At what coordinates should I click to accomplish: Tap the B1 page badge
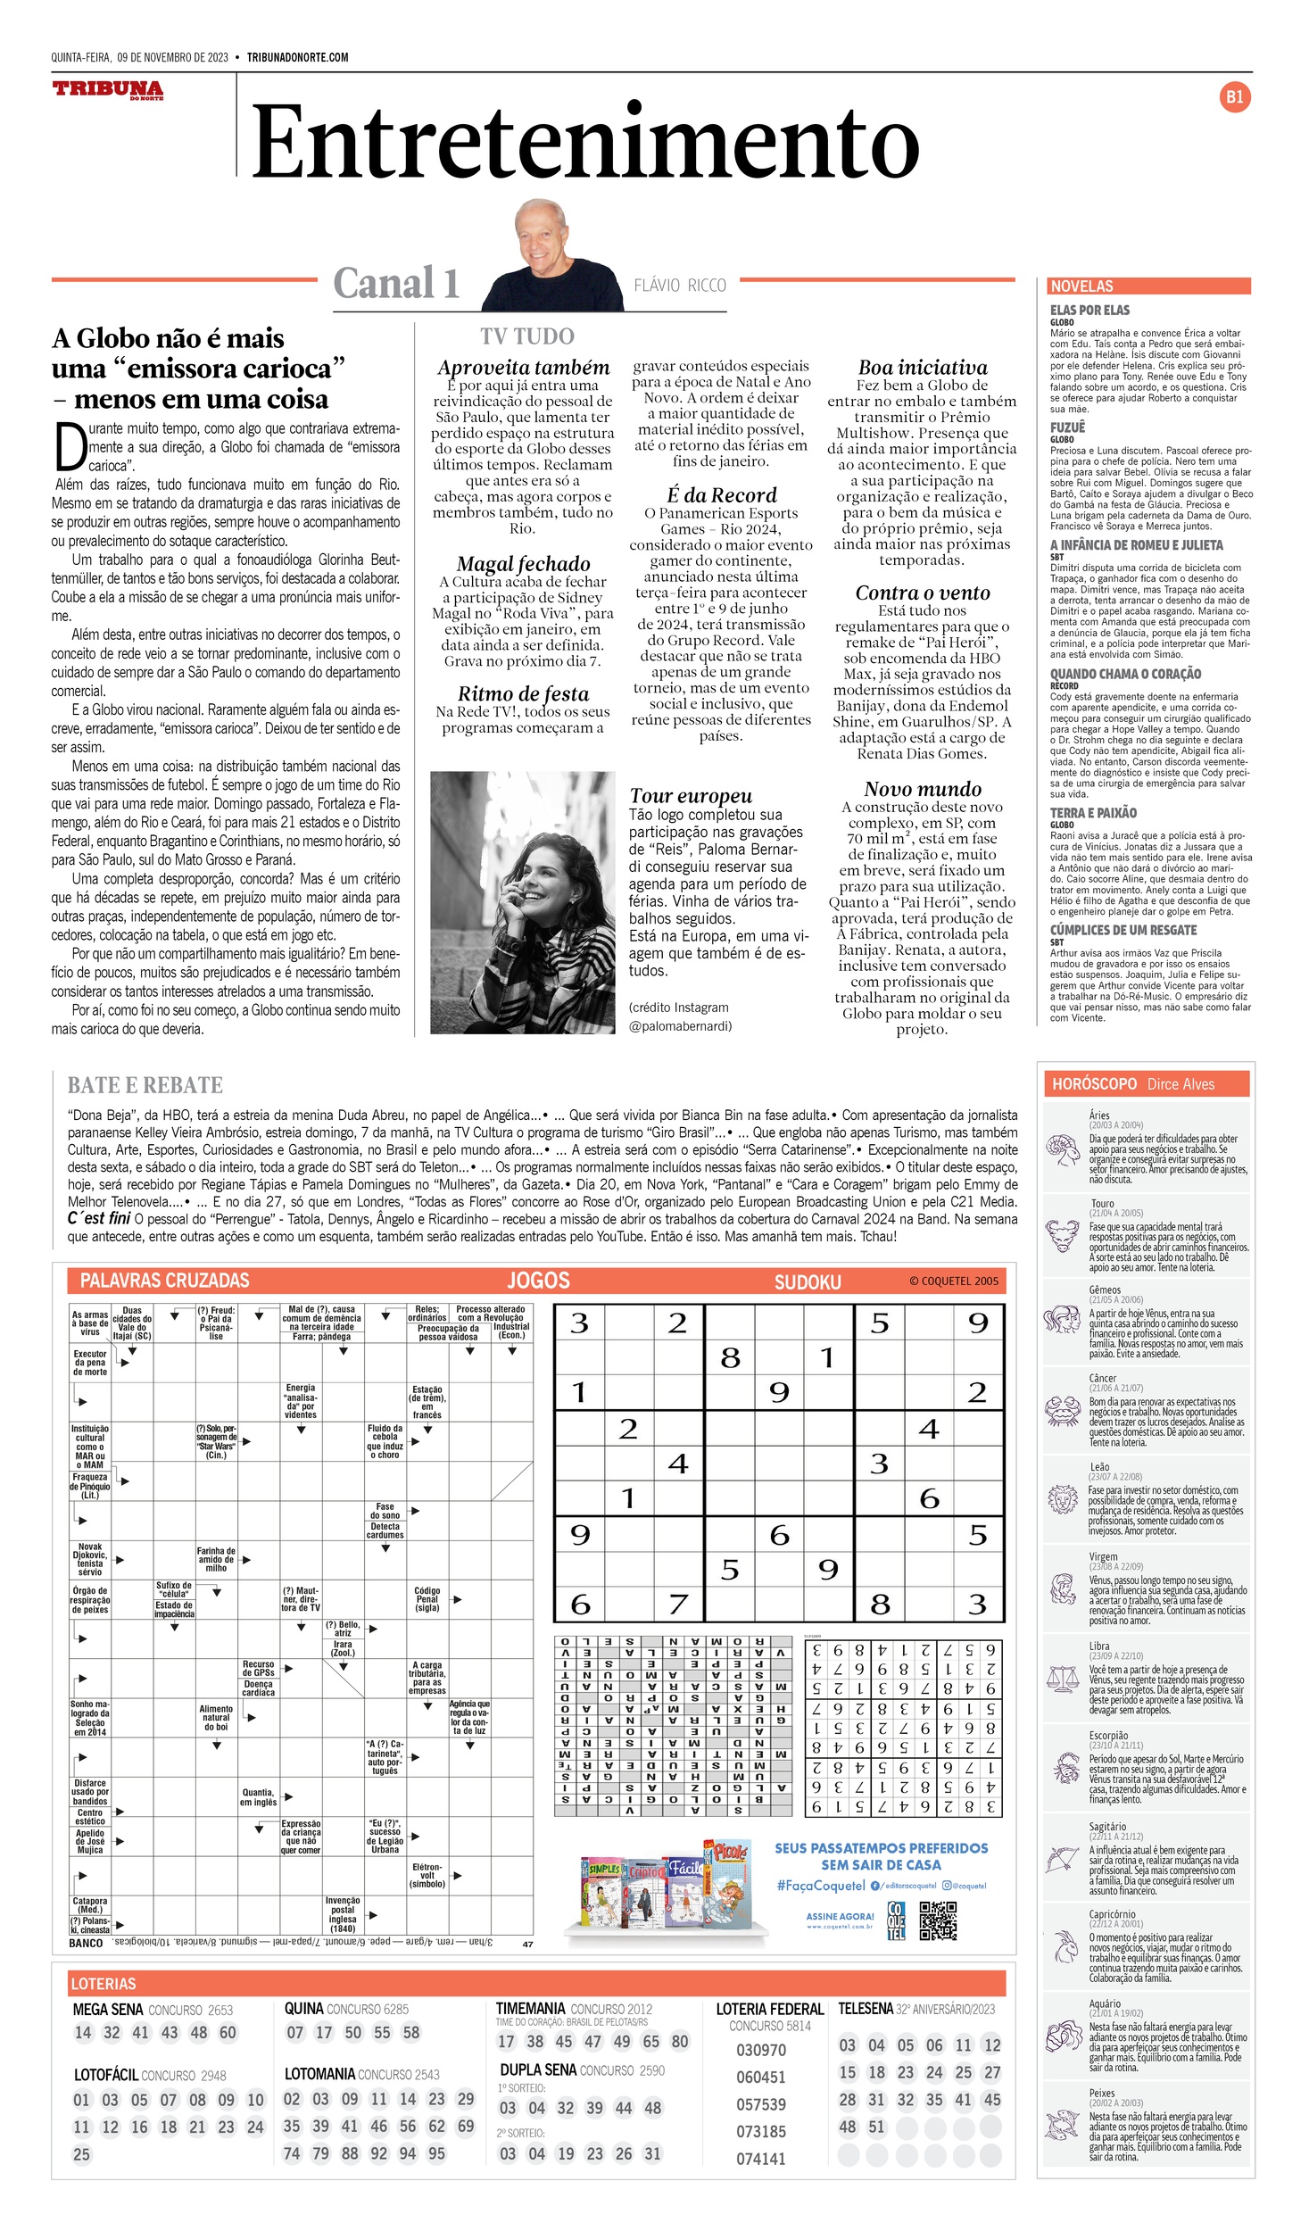(1234, 97)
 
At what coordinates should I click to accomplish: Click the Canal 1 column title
(396, 283)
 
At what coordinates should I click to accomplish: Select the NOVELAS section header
(1081, 286)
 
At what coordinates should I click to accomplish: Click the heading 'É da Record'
(722, 495)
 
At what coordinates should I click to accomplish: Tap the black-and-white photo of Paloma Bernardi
(522, 902)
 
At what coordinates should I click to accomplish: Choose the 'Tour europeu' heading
(691, 795)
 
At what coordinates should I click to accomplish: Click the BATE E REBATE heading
(145, 1085)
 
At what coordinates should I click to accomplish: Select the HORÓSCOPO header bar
(1146, 1084)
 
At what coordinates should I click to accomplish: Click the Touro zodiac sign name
(1102, 1204)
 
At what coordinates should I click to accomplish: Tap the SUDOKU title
(808, 1282)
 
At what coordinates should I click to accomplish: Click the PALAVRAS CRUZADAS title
(165, 1281)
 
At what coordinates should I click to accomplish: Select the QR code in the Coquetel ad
(938, 1921)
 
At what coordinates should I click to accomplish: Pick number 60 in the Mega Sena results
(228, 2032)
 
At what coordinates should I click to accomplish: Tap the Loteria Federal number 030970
(760, 2050)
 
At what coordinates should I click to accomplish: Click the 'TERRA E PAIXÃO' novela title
(1093, 813)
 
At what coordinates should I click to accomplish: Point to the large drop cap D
(70, 447)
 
